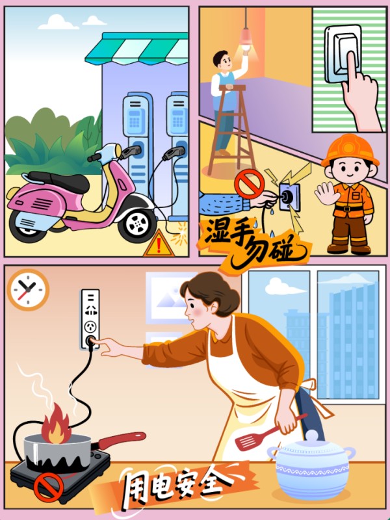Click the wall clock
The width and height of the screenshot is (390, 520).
(x=28, y=289)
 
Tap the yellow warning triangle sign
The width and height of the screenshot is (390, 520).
(x=159, y=245)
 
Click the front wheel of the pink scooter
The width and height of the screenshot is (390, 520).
(x=138, y=223)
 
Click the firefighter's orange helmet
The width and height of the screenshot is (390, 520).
(x=350, y=150)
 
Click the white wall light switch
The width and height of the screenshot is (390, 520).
(x=343, y=54)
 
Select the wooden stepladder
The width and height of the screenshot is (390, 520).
(x=231, y=129)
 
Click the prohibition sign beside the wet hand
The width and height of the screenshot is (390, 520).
(x=249, y=184)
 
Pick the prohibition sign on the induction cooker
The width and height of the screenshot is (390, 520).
(x=48, y=487)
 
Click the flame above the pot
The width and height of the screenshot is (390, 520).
(x=56, y=424)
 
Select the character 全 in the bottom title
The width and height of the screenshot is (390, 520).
(x=216, y=482)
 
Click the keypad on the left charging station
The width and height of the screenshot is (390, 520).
(x=135, y=119)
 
